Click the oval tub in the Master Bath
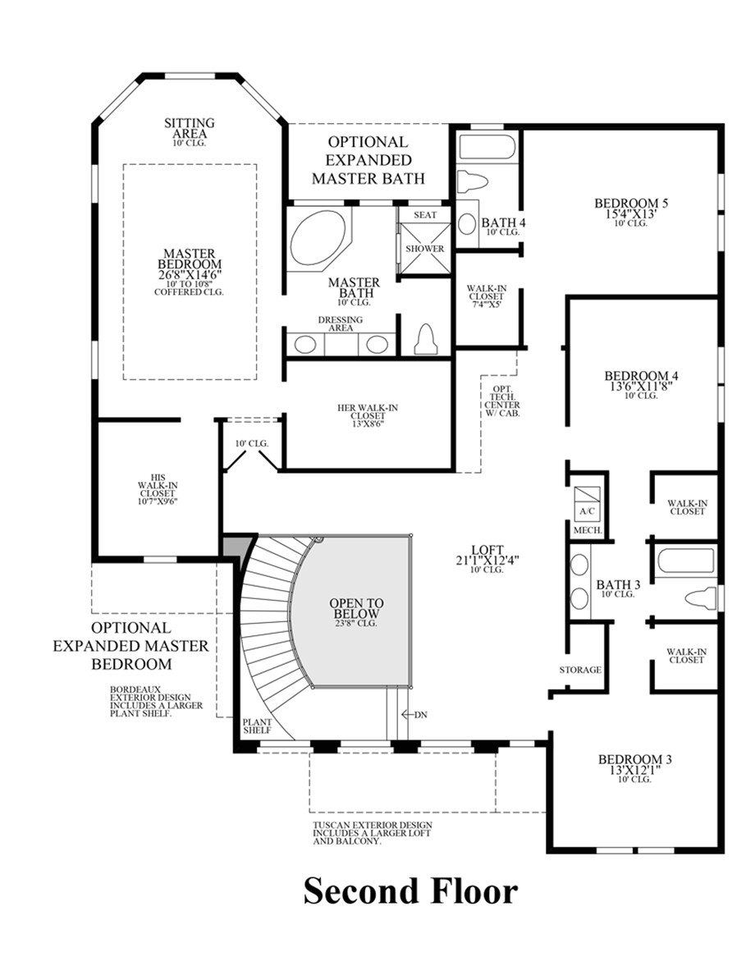click(x=318, y=236)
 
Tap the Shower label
click(x=424, y=249)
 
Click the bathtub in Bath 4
click(x=487, y=149)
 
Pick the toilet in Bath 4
click(x=473, y=181)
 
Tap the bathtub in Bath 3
click(x=684, y=565)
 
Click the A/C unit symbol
click(x=587, y=500)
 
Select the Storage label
click(x=580, y=670)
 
